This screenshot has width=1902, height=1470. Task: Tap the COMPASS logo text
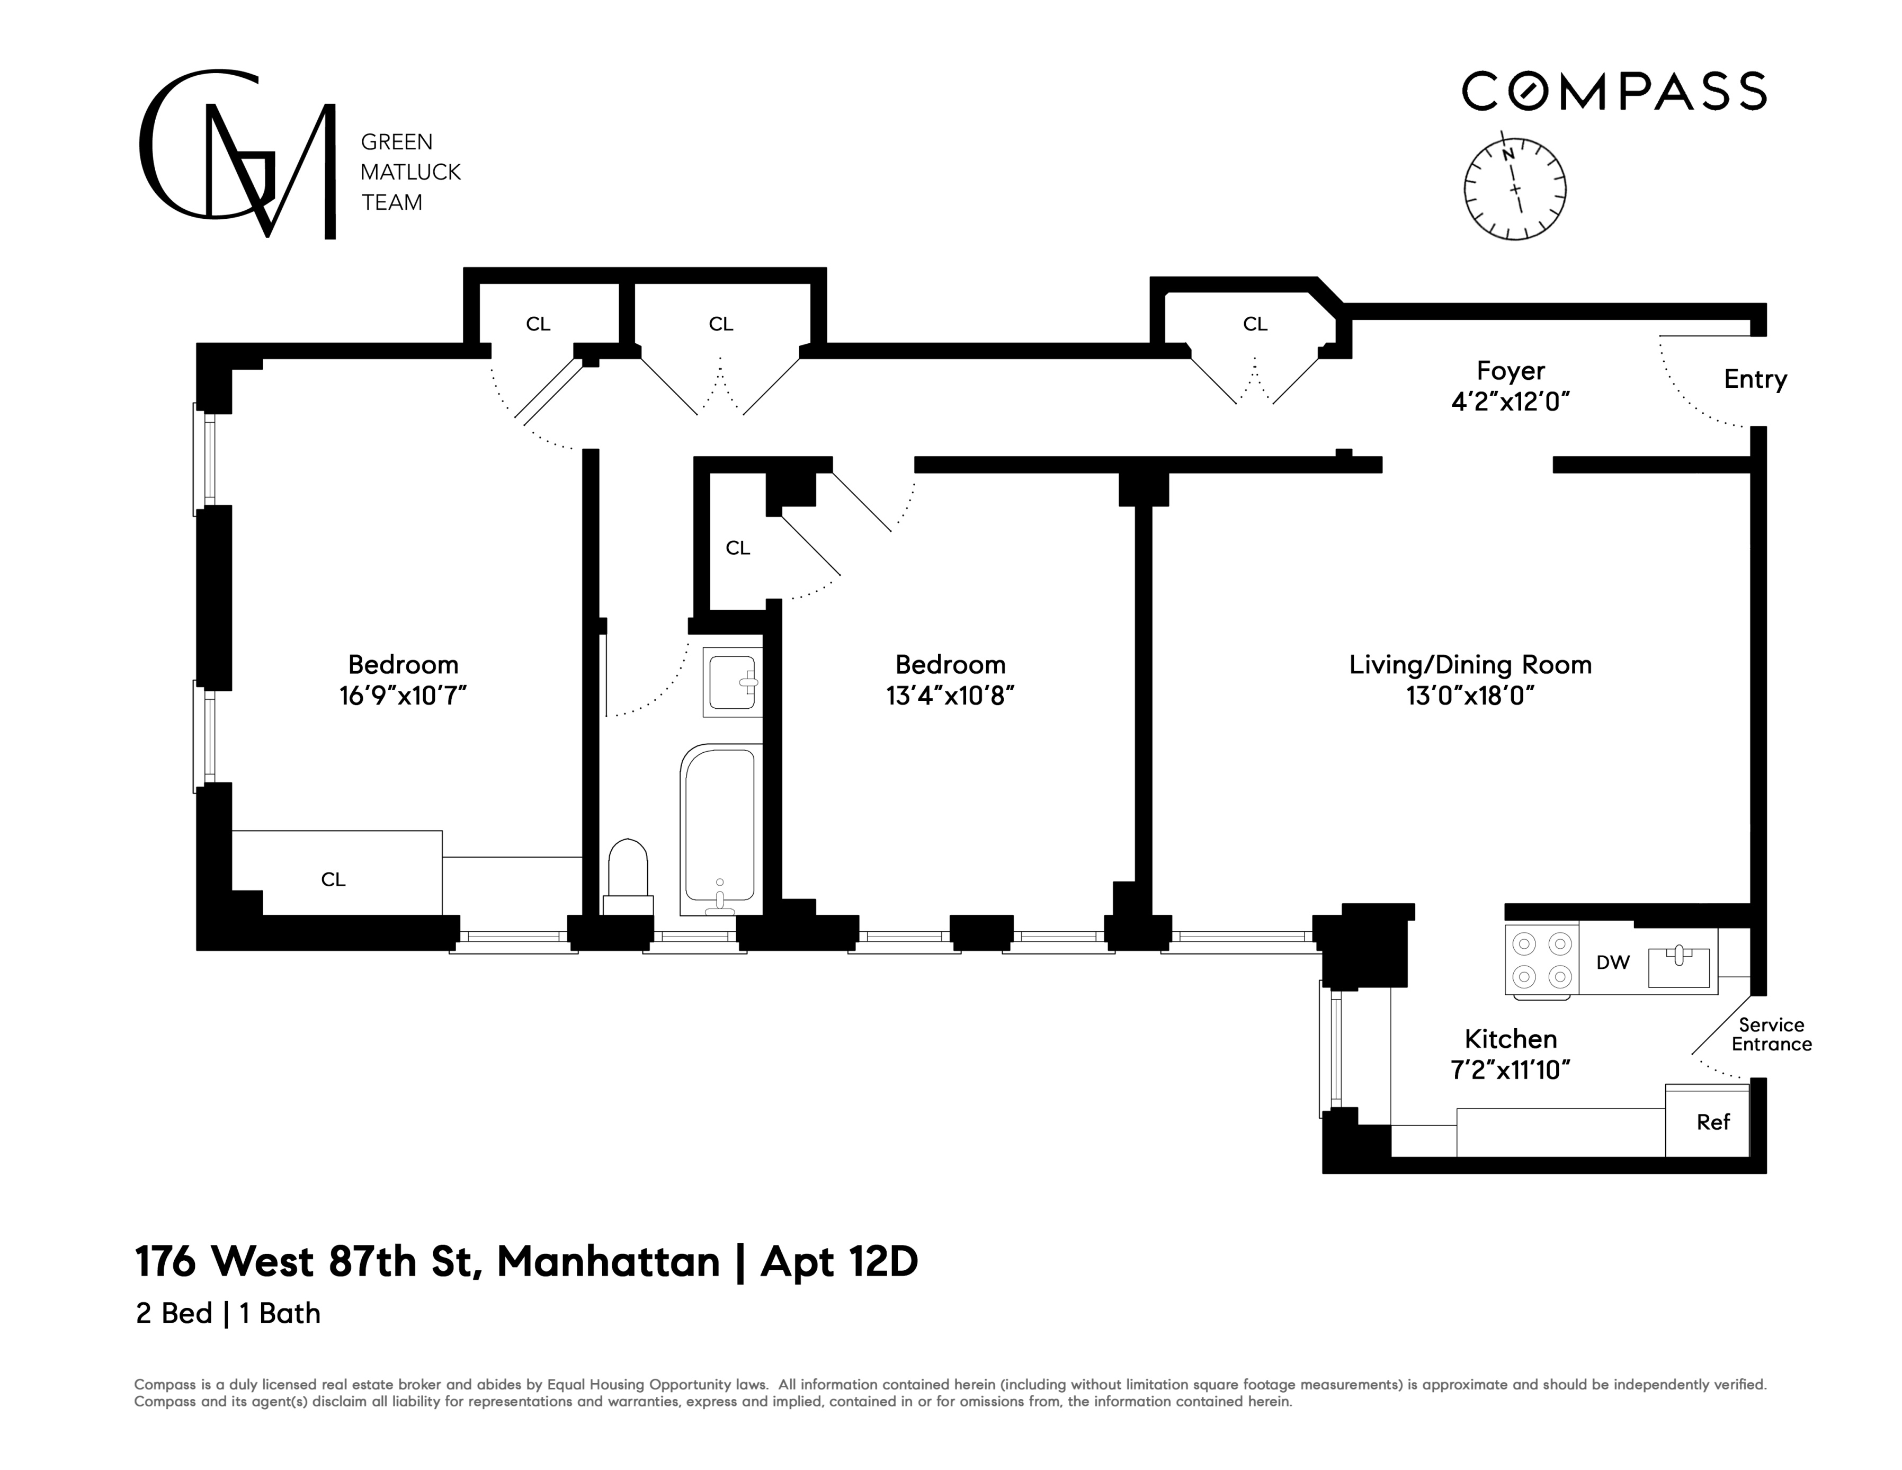tap(1614, 92)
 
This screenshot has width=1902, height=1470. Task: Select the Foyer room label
tap(1510, 371)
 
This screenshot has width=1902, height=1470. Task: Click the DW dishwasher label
tap(1612, 963)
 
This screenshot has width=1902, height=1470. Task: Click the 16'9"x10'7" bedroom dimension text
tap(403, 696)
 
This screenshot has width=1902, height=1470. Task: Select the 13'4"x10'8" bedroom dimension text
tap(950, 696)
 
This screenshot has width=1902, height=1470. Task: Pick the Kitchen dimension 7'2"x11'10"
tap(1510, 1070)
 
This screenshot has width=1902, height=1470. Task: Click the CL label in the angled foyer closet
tap(1254, 324)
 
